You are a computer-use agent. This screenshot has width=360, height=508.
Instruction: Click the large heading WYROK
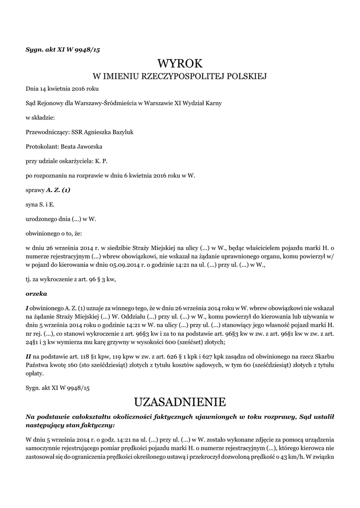pyautogui.click(x=180, y=63)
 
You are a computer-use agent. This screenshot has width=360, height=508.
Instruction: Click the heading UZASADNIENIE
pyautogui.click(x=180, y=401)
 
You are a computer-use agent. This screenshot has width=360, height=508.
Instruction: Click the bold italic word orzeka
pyautogui.click(x=36, y=293)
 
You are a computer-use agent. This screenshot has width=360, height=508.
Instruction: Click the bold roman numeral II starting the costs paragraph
pyautogui.click(x=28, y=356)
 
